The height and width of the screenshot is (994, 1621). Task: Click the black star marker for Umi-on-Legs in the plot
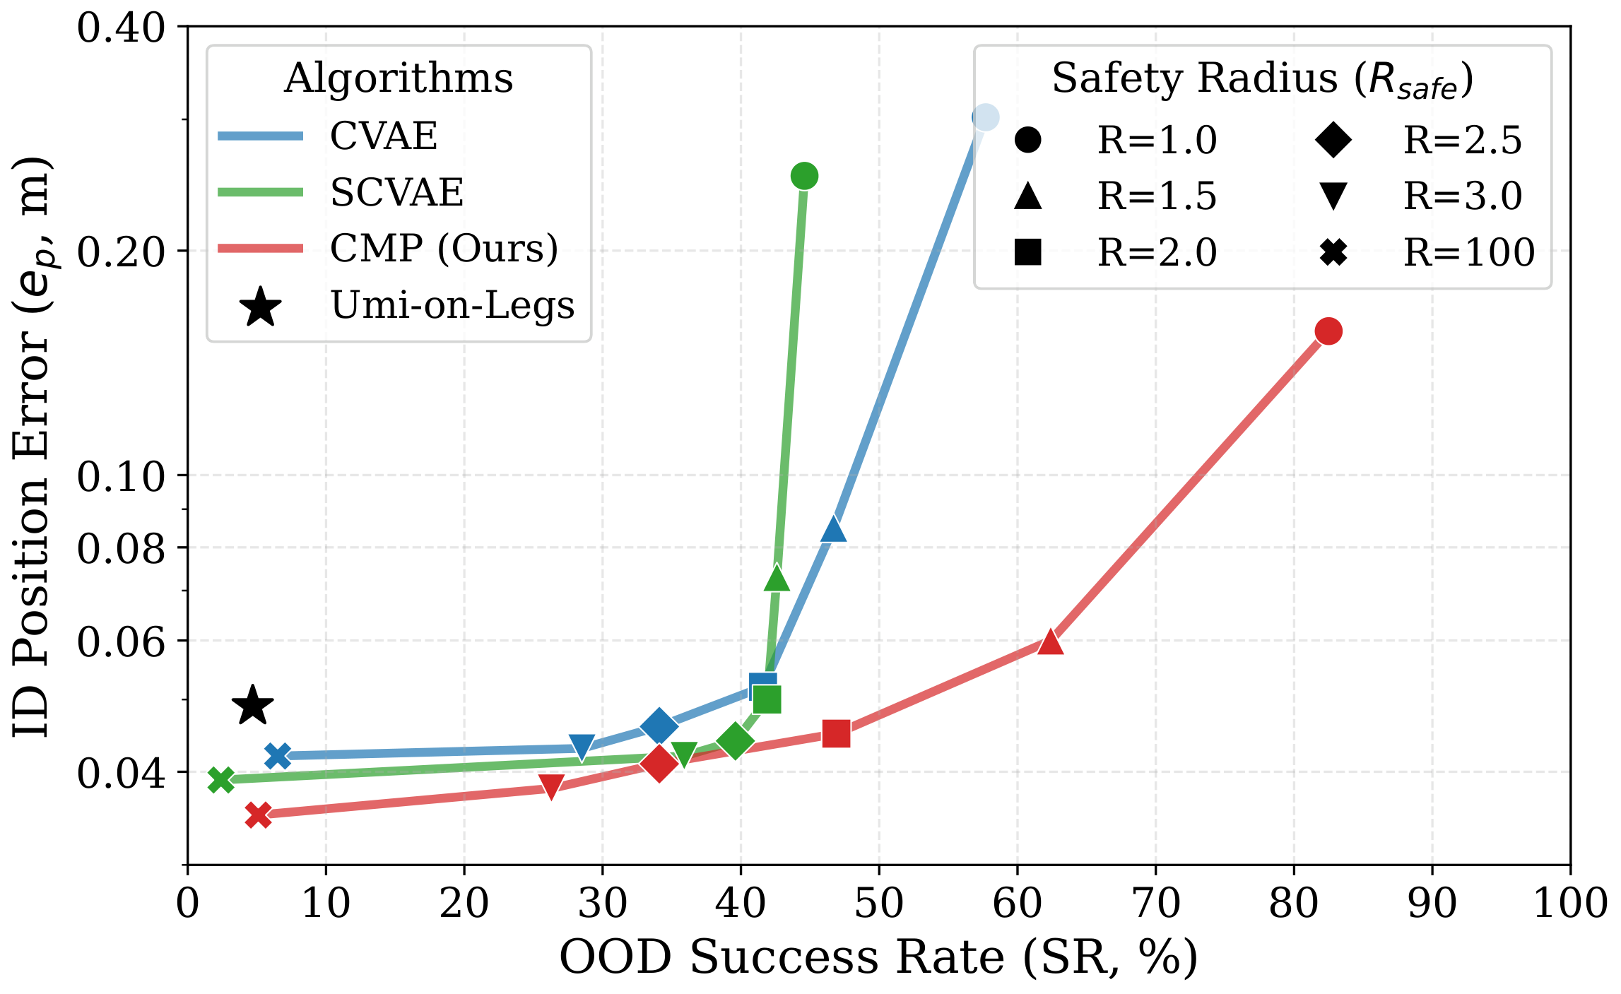252,706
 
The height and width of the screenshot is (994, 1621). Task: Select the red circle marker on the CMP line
1328,331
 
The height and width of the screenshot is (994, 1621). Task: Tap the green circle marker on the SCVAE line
804,175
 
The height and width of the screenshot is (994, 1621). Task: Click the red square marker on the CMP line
836,733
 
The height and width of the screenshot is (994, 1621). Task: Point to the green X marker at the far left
221,780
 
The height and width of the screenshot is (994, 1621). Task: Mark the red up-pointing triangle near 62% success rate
1051,642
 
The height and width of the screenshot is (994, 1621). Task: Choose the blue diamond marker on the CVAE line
659,726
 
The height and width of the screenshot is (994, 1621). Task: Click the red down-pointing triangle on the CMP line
551,786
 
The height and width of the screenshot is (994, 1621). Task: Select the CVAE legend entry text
384,136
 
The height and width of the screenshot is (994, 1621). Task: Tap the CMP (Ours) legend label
444,248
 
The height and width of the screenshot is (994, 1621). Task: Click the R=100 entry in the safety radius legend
1468,252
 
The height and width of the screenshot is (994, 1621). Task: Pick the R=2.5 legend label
1462,140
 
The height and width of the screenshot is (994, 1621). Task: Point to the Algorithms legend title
399,78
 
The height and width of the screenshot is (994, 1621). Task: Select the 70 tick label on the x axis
1156,904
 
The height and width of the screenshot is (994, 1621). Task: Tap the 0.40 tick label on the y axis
120,28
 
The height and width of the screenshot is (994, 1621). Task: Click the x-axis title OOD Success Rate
878,958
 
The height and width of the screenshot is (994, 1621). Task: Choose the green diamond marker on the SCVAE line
735,740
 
